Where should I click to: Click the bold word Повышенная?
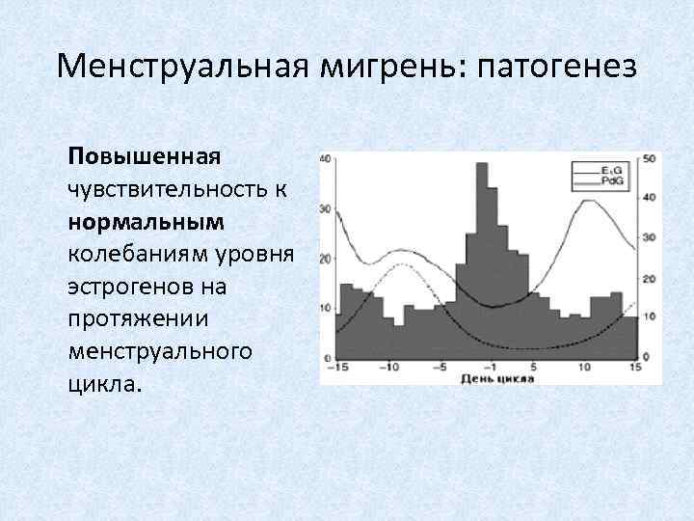[x=144, y=156]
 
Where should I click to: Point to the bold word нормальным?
[x=146, y=222]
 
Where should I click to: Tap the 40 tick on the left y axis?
[x=327, y=158]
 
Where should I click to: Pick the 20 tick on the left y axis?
[x=327, y=259]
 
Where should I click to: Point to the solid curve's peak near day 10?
[x=585, y=200]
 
